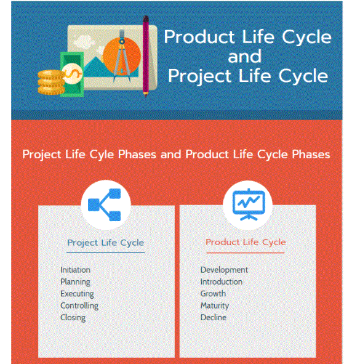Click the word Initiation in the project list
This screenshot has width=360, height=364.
76,270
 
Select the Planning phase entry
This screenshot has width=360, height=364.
76,282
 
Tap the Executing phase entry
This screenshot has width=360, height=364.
78,294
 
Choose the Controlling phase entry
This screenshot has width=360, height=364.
79,305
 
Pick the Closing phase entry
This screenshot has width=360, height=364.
73,318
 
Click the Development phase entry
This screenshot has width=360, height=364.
224,270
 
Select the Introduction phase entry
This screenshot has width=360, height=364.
222,282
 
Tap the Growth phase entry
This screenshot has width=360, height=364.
213,294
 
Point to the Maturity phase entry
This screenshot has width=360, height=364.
215,305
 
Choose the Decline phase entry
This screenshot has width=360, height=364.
214,317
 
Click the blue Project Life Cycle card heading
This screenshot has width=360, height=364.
106,243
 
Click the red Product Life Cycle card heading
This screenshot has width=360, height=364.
246,242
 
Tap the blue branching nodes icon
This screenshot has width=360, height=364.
105,204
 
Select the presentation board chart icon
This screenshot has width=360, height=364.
249,204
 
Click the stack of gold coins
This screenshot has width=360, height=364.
51,83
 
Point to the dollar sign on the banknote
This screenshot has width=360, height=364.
73,73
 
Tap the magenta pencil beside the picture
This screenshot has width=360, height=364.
146,56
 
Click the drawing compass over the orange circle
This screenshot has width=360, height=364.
122,55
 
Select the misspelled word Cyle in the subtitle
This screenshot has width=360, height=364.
102,155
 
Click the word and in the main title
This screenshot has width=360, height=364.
245,57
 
